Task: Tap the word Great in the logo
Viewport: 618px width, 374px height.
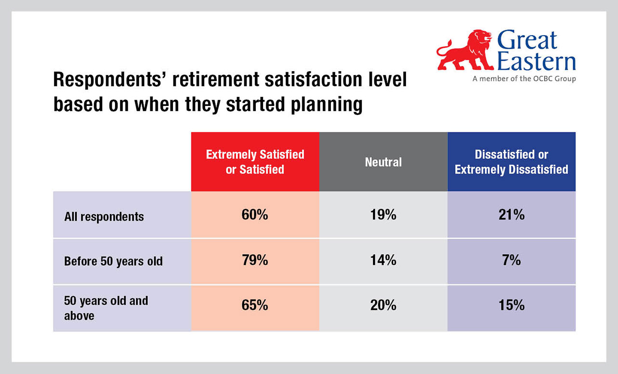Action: [x=527, y=40]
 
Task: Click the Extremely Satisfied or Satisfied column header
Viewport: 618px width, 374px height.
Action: [x=255, y=162]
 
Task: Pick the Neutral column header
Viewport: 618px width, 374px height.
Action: [x=383, y=162]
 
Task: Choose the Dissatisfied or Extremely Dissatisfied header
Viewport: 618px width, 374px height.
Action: [x=511, y=162]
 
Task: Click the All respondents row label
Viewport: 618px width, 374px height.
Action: [x=104, y=216]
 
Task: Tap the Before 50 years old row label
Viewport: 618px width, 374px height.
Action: [x=113, y=261]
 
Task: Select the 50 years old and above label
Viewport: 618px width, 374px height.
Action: [x=106, y=308]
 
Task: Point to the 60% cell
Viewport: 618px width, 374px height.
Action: [x=255, y=215]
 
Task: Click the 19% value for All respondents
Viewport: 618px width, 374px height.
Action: [x=383, y=215]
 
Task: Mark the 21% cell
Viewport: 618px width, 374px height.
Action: [x=511, y=215]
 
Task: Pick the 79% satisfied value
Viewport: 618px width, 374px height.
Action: [x=255, y=260]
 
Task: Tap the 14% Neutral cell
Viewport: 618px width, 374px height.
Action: [x=383, y=260]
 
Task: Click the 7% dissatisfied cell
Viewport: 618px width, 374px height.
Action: [x=511, y=260]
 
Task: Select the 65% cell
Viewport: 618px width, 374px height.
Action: [x=255, y=306]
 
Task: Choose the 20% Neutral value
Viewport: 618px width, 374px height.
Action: [x=383, y=306]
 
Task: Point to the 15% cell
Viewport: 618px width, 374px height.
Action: [x=511, y=306]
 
